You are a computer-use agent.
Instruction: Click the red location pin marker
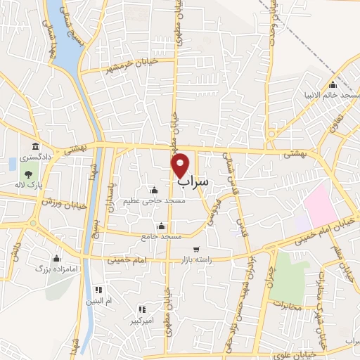[181, 165]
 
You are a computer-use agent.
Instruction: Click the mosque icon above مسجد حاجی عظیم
[154, 191]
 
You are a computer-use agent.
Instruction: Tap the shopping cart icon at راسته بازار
[196, 249]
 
